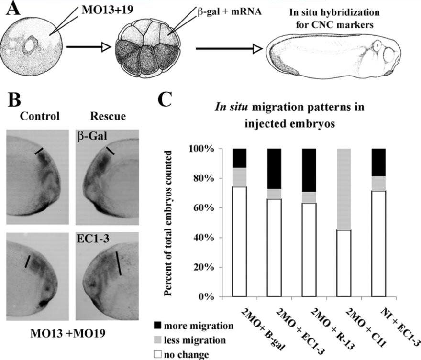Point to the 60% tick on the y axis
click(x=230, y=208)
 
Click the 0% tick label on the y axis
click(x=218, y=296)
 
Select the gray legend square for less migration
click(x=158, y=340)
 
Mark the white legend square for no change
click(x=158, y=354)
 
